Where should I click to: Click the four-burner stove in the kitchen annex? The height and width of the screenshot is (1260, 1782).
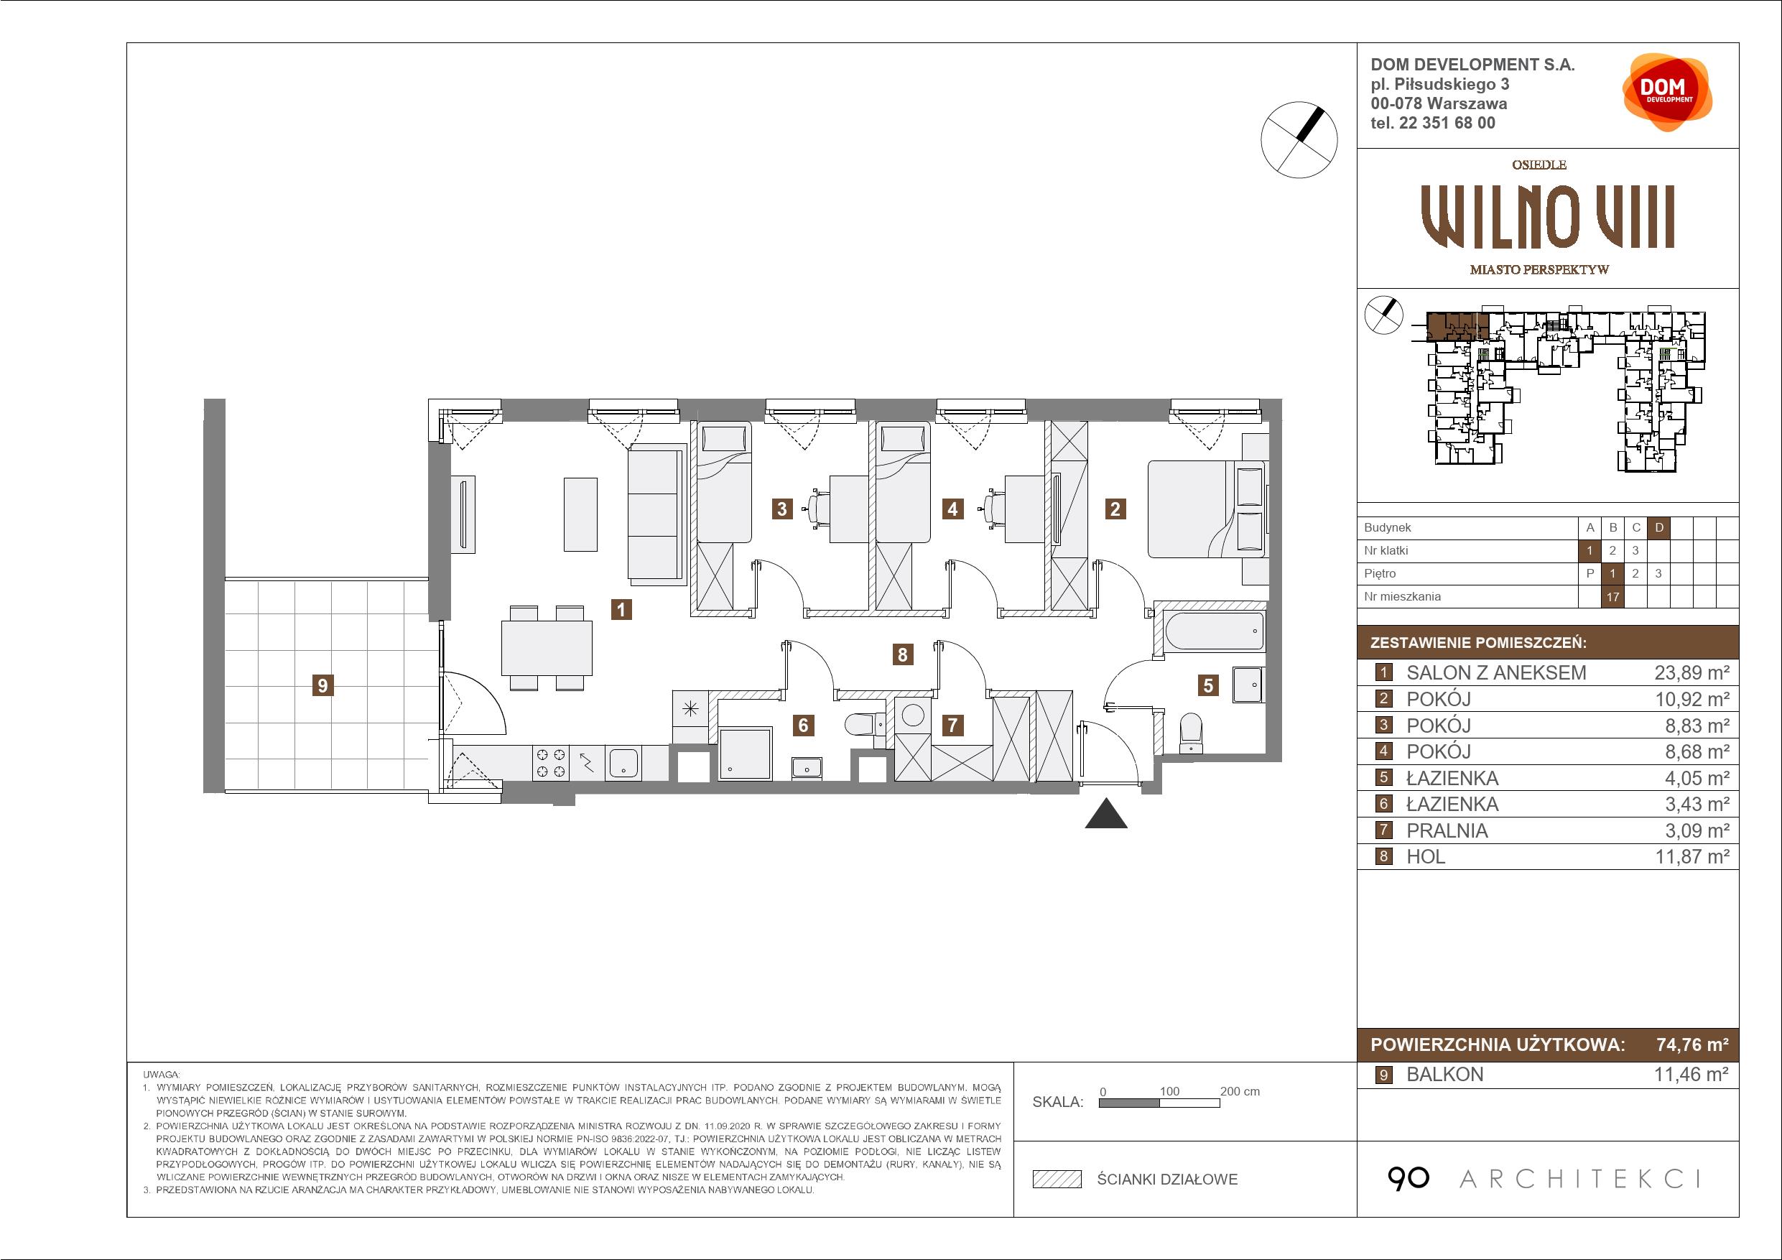coord(550,762)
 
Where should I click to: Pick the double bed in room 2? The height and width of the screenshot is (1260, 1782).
coord(1207,509)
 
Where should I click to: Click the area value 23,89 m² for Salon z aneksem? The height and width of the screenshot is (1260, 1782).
coord(1692,673)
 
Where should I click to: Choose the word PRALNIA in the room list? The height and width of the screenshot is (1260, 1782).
coord(1447,830)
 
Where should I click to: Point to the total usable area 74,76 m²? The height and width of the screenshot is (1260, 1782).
coord(1693,1044)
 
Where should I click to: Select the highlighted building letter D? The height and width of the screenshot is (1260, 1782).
coord(1659,528)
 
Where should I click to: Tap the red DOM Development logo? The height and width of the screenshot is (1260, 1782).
coord(1667,92)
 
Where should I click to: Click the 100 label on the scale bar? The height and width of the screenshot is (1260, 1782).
coord(1169,1090)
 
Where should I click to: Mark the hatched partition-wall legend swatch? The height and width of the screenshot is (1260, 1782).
coord(1057,1180)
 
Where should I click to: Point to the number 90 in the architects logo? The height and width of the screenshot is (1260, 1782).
coord(1408,1179)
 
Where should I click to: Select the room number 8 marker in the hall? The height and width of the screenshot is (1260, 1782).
coord(902,654)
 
